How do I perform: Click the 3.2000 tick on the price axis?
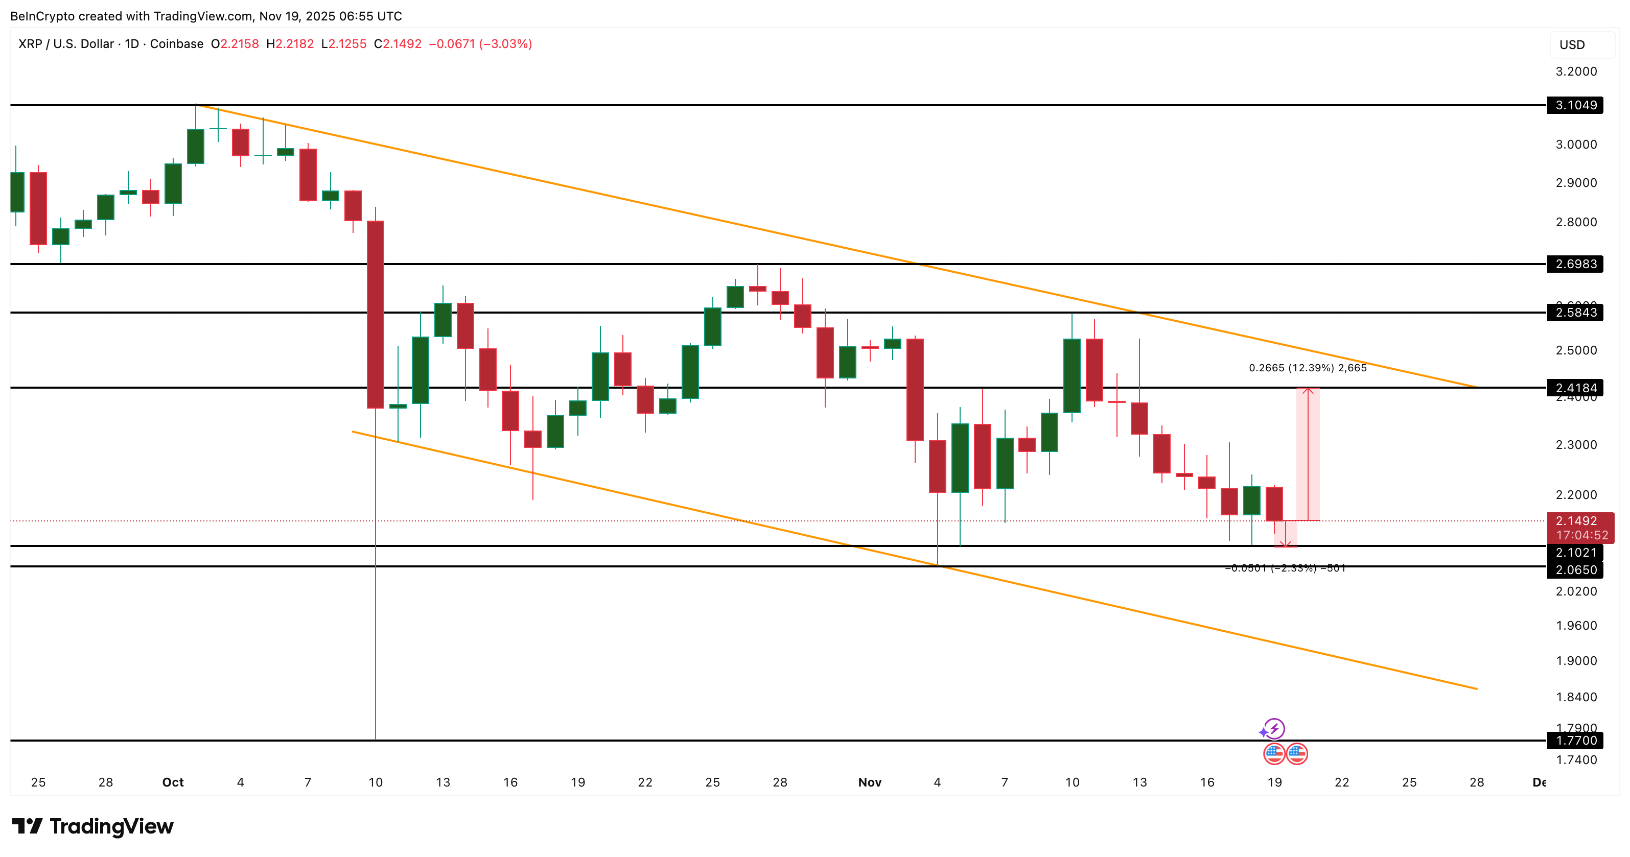coord(1576,72)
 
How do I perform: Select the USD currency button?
coord(1572,45)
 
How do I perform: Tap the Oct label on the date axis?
coord(173,782)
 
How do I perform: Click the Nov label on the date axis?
coord(869,782)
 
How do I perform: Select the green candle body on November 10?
coord(1072,376)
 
